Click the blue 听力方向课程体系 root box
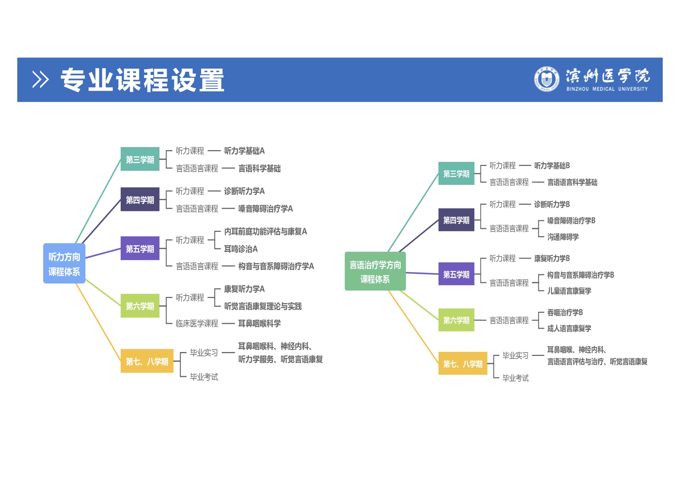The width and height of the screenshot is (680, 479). click(x=64, y=263)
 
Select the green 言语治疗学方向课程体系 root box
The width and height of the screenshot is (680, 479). click(x=375, y=271)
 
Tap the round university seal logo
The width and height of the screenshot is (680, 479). click(x=546, y=79)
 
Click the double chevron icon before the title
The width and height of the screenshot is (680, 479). click(x=40, y=79)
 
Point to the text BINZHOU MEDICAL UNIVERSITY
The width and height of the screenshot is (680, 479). click(x=607, y=89)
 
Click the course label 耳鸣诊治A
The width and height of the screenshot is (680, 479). click(x=241, y=249)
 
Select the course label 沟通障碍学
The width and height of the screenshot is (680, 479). click(x=563, y=237)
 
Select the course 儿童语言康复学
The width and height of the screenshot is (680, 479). click(x=569, y=291)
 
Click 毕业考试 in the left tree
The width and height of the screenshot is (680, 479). click(x=204, y=377)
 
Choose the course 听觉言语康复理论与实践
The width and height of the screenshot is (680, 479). click(x=263, y=306)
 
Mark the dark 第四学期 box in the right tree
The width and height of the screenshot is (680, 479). click(x=456, y=220)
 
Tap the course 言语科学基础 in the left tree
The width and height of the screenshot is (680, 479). click(x=259, y=168)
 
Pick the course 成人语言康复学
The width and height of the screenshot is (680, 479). click(x=569, y=328)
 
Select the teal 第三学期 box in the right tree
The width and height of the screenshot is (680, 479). click(x=456, y=173)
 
